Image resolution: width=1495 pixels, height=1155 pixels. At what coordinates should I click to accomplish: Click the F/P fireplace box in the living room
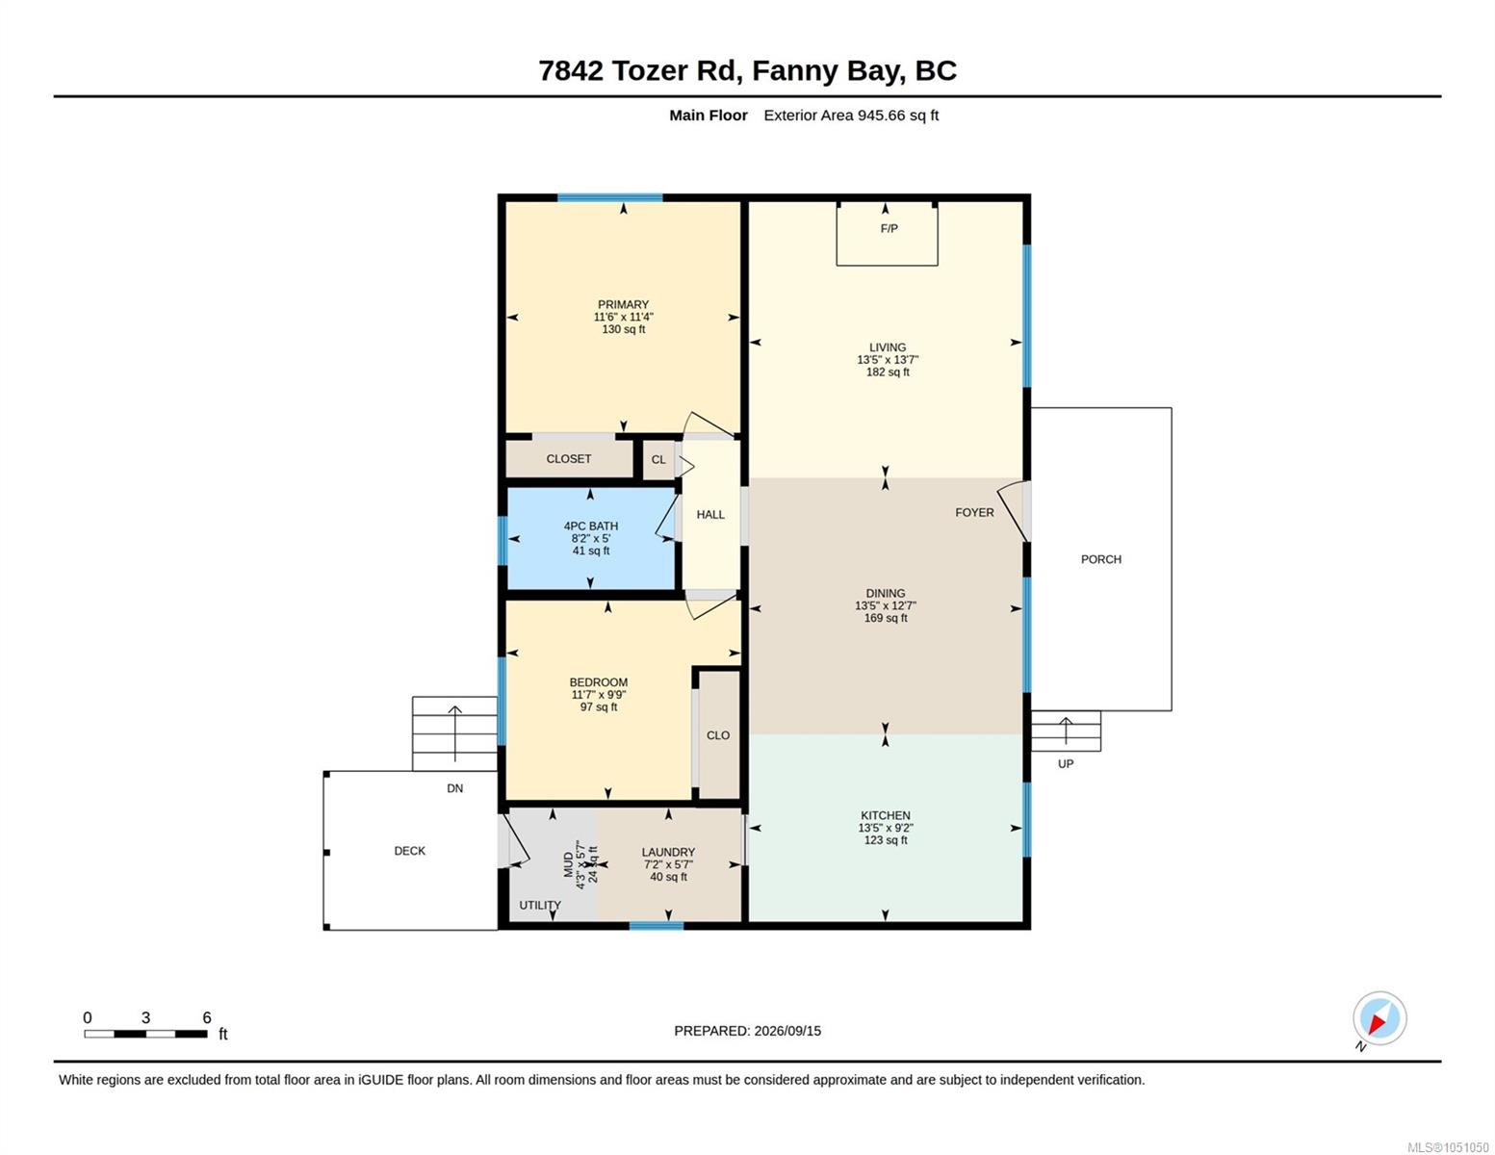click(x=887, y=233)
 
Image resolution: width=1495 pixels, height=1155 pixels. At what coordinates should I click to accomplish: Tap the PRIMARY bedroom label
click(x=623, y=304)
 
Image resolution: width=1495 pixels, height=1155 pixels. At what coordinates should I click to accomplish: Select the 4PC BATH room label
click(x=590, y=526)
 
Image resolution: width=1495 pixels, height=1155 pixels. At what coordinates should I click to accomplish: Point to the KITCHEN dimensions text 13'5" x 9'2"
click(x=885, y=828)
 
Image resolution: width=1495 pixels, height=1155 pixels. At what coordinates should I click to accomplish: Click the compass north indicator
click(x=1379, y=1018)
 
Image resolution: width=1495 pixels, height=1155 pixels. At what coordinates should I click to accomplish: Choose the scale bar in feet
click(x=146, y=1033)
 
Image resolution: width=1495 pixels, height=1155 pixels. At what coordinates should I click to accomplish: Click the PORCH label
click(x=1100, y=559)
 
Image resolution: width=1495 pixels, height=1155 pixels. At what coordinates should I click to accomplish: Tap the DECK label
click(x=409, y=851)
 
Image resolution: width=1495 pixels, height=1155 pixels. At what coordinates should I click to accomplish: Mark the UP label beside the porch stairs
click(x=1065, y=763)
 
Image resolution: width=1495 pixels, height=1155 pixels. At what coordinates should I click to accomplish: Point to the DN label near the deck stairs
click(x=454, y=788)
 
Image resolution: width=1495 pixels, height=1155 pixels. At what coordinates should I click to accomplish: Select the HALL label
click(x=710, y=515)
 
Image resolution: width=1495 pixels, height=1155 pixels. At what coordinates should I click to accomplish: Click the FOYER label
click(x=974, y=512)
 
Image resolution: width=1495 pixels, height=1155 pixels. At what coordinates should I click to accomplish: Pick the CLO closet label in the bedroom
click(x=717, y=735)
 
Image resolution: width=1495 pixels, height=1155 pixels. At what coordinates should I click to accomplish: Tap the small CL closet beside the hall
click(x=658, y=459)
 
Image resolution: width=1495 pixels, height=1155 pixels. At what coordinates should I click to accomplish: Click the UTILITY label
click(x=539, y=906)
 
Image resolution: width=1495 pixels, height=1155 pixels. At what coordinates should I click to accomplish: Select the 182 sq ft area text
click(x=888, y=372)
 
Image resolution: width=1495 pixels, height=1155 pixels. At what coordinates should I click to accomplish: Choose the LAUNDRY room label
click(x=668, y=853)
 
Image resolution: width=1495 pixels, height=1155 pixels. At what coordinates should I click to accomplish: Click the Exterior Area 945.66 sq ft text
click(x=850, y=115)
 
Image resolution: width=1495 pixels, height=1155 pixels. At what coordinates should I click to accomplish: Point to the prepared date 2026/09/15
click(x=787, y=1031)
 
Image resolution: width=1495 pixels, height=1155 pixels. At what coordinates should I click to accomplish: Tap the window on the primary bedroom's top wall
click(x=609, y=198)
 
